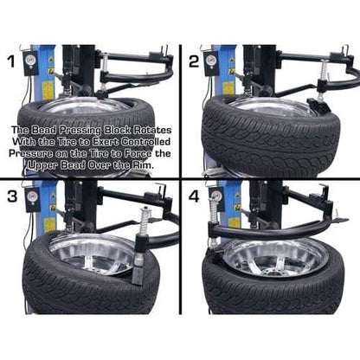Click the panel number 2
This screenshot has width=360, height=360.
tap(194, 61)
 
